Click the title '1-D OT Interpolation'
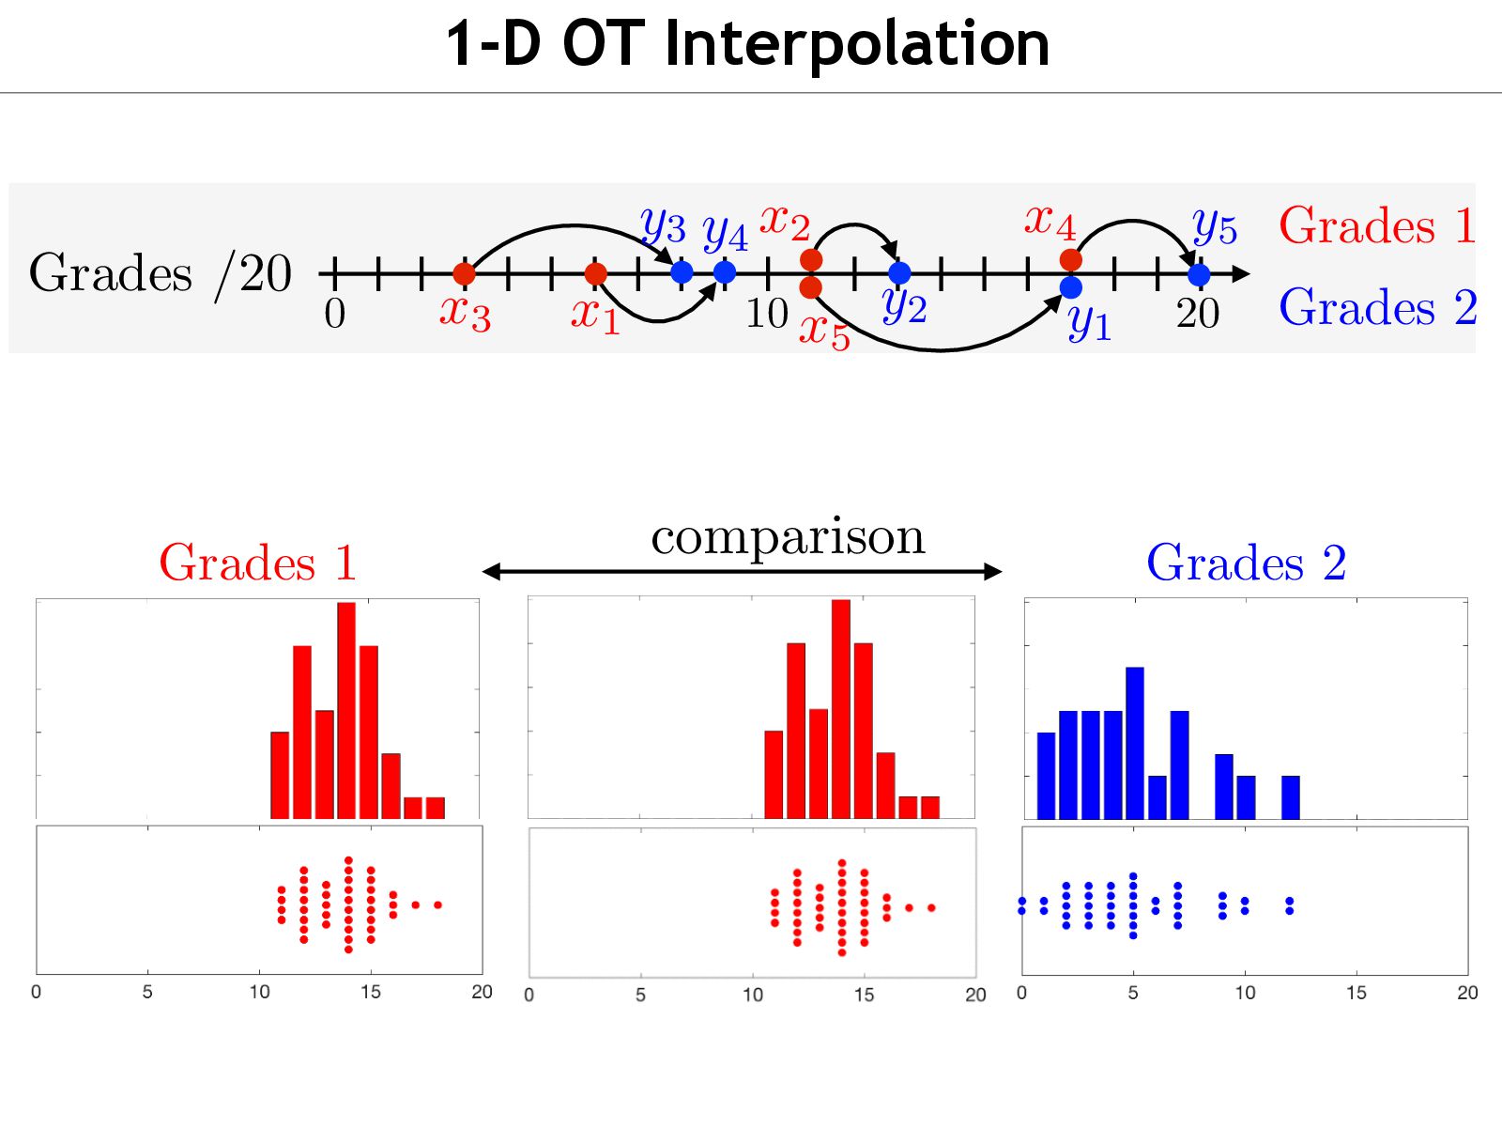[747, 43]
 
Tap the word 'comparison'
[788, 537]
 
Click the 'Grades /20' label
[160, 273]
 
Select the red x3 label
[465, 312]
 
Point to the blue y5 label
[1215, 226]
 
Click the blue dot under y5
[1199, 274]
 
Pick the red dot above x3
[464, 273]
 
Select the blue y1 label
[1090, 324]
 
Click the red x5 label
[824, 332]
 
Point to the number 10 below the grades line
[766, 314]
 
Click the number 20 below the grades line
[1198, 314]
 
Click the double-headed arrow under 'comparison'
[742, 571]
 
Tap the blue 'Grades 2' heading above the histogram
[1246, 563]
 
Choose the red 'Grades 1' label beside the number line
[1376, 225]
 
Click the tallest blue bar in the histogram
[1134, 742]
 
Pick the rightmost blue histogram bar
[1291, 797]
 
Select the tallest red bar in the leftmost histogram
[346, 710]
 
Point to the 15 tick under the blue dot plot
[1356, 993]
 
